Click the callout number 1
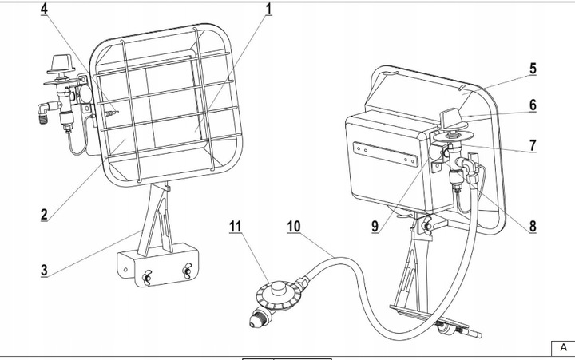point(268,9)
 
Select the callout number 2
point(46,214)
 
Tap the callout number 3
point(46,270)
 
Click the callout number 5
point(533,69)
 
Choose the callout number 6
point(533,105)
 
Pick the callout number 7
point(533,145)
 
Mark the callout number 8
point(533,225)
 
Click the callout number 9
point(375,226)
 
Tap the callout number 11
point(235,226)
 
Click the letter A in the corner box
point(563,348)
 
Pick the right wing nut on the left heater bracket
point(187,271)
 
